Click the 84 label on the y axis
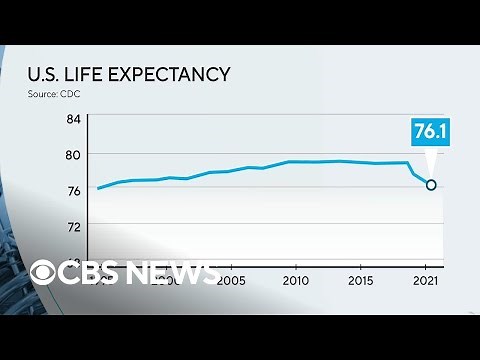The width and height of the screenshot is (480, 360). click(73, 120)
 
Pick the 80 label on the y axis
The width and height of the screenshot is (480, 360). click(73, 155)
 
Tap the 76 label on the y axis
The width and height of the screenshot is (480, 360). click(73, 191)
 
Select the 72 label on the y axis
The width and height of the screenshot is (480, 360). click(73, 227)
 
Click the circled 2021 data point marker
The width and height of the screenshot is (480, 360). click(431, 184)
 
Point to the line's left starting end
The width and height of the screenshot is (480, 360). click(98, 188)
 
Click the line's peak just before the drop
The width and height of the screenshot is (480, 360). click(408, 162)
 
